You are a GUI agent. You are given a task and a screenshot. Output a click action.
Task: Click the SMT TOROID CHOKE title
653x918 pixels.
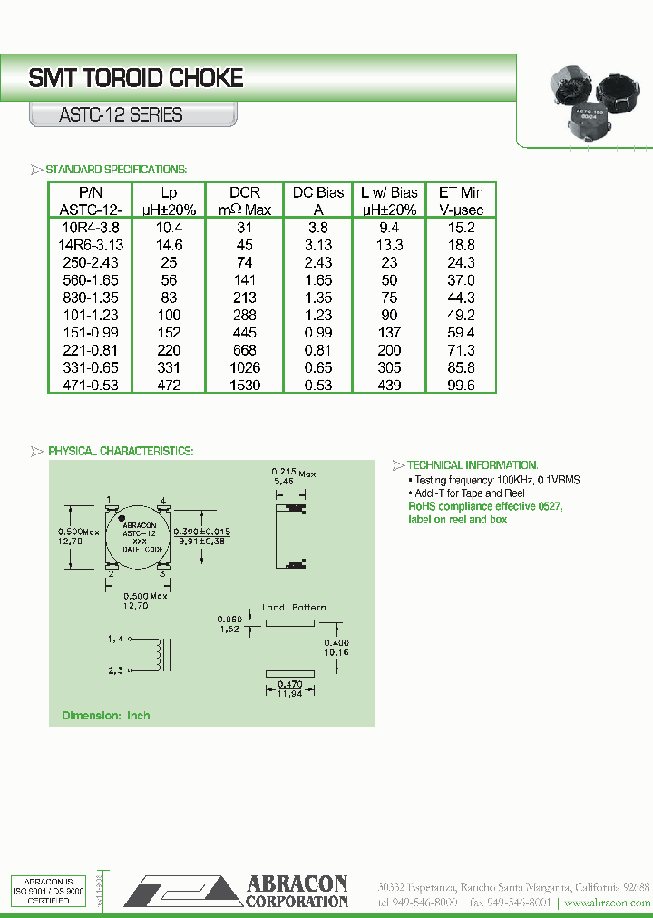click(x=136, y=79)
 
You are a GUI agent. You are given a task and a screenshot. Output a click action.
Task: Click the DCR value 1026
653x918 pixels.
click(x=245, y=367)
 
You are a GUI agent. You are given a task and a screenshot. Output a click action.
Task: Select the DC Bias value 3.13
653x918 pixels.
click(x=318, y=245)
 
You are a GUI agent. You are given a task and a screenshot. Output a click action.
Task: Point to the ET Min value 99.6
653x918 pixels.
click(x=461, y=385)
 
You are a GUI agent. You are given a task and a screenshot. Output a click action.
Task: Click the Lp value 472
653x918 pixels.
click(x=169, y=385)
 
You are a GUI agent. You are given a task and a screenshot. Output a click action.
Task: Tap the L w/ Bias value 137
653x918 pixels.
click(x=388, y=332)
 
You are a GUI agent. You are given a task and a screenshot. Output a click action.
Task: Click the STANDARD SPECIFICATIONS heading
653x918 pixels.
click(x=116, y=170)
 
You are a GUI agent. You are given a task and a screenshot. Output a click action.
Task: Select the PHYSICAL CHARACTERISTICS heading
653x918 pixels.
click(x=120, y=451)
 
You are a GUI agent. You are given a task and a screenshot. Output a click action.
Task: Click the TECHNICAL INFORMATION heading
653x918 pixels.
click(x=473, y=464)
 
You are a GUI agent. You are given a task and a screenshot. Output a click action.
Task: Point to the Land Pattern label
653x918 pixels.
click(x=294, y=607)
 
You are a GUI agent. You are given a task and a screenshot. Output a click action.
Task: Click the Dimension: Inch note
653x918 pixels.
click(x=105, y=716)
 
